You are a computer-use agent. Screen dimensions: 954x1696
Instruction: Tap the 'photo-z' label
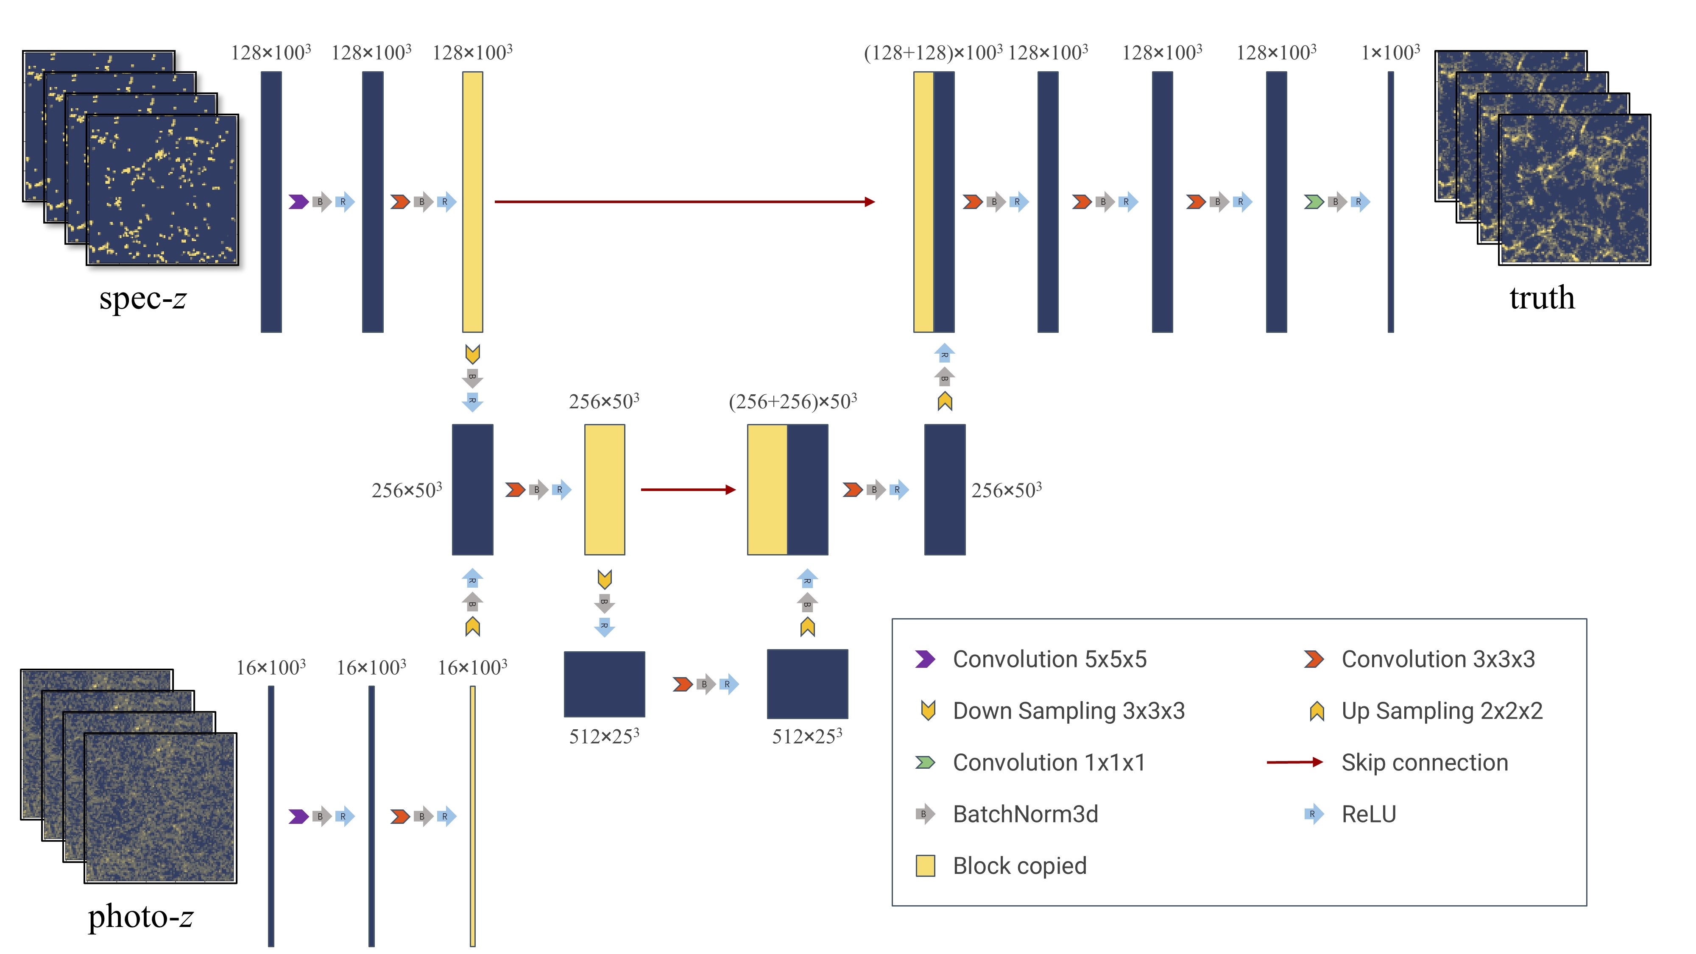click(x=140, y=916)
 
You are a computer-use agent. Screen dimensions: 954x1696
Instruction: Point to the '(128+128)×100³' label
click(x=933, y=53)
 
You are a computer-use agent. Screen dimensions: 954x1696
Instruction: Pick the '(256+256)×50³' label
click(x=793, y=402)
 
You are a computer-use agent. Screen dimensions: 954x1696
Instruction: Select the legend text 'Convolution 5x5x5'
click(x=1049, y=659)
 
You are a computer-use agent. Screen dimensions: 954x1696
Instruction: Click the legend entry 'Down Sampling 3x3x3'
click(x=1068, y=711)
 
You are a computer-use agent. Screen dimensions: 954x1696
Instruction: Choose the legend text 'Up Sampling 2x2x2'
click(x=1442, y=711)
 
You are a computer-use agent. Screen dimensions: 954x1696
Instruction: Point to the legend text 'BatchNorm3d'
click(x=1025, y=815)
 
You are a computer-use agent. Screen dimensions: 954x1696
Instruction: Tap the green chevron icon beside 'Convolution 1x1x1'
click(x=925, y=762)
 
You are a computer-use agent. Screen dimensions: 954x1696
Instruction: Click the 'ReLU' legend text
click(x=1369, y=815)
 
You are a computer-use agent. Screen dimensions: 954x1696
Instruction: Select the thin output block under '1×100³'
click(x=1391, y=201)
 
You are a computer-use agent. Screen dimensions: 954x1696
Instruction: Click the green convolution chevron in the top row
click(x=1314, y=201)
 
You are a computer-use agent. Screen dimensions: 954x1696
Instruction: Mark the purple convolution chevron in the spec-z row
click(x=298, y=201)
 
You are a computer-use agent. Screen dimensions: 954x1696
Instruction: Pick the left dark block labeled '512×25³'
click(x=604, y=684)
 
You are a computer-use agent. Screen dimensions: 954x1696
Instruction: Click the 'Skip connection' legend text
click(x=1424, y=762)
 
